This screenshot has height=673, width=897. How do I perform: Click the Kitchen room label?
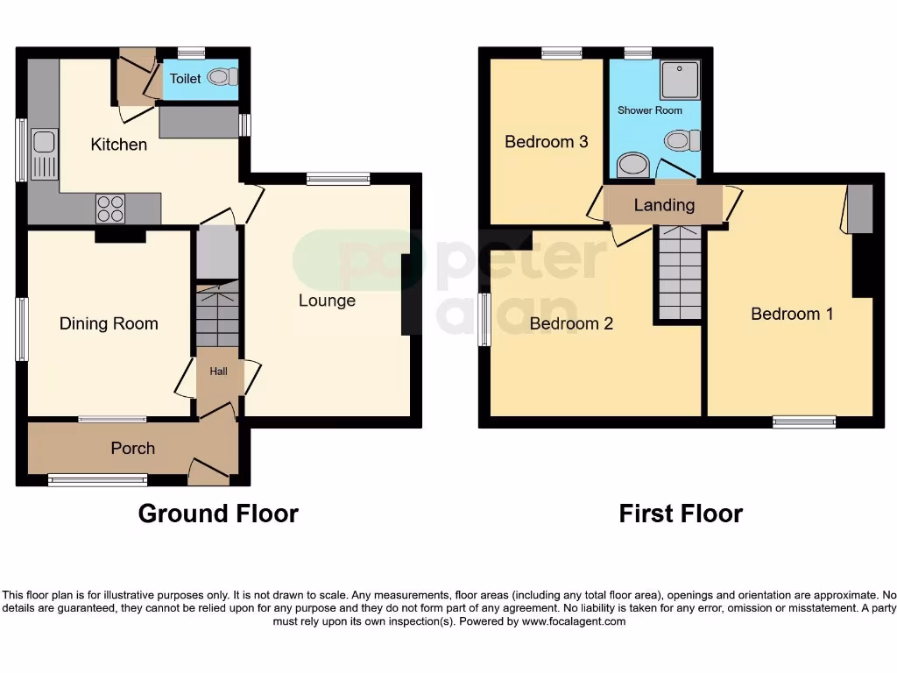click(119, 145)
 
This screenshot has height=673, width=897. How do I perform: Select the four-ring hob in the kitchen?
click(110, 208)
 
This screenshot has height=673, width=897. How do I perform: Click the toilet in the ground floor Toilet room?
click(224, 78)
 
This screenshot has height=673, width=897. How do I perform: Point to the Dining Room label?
click(109, 324)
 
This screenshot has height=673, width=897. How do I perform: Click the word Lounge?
click(327, 301)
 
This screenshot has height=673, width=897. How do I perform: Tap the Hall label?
click(218, 372)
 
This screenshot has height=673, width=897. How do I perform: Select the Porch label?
click(132, 449)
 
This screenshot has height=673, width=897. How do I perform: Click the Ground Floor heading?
click(218, 514)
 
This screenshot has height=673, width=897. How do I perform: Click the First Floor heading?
click(681, 514)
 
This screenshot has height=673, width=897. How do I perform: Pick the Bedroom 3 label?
click(546, 142)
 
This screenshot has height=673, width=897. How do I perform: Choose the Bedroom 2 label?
click(571, 324)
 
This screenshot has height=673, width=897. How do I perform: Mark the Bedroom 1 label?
click(792, 314)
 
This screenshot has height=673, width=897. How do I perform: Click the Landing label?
click(664, 206)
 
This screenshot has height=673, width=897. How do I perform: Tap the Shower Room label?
click(650, 110)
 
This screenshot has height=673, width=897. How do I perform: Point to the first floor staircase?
click(680, 272)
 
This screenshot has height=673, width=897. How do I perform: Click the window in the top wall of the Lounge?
click(338, 179)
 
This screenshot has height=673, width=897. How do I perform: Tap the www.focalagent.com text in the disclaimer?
click(574, 621)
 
